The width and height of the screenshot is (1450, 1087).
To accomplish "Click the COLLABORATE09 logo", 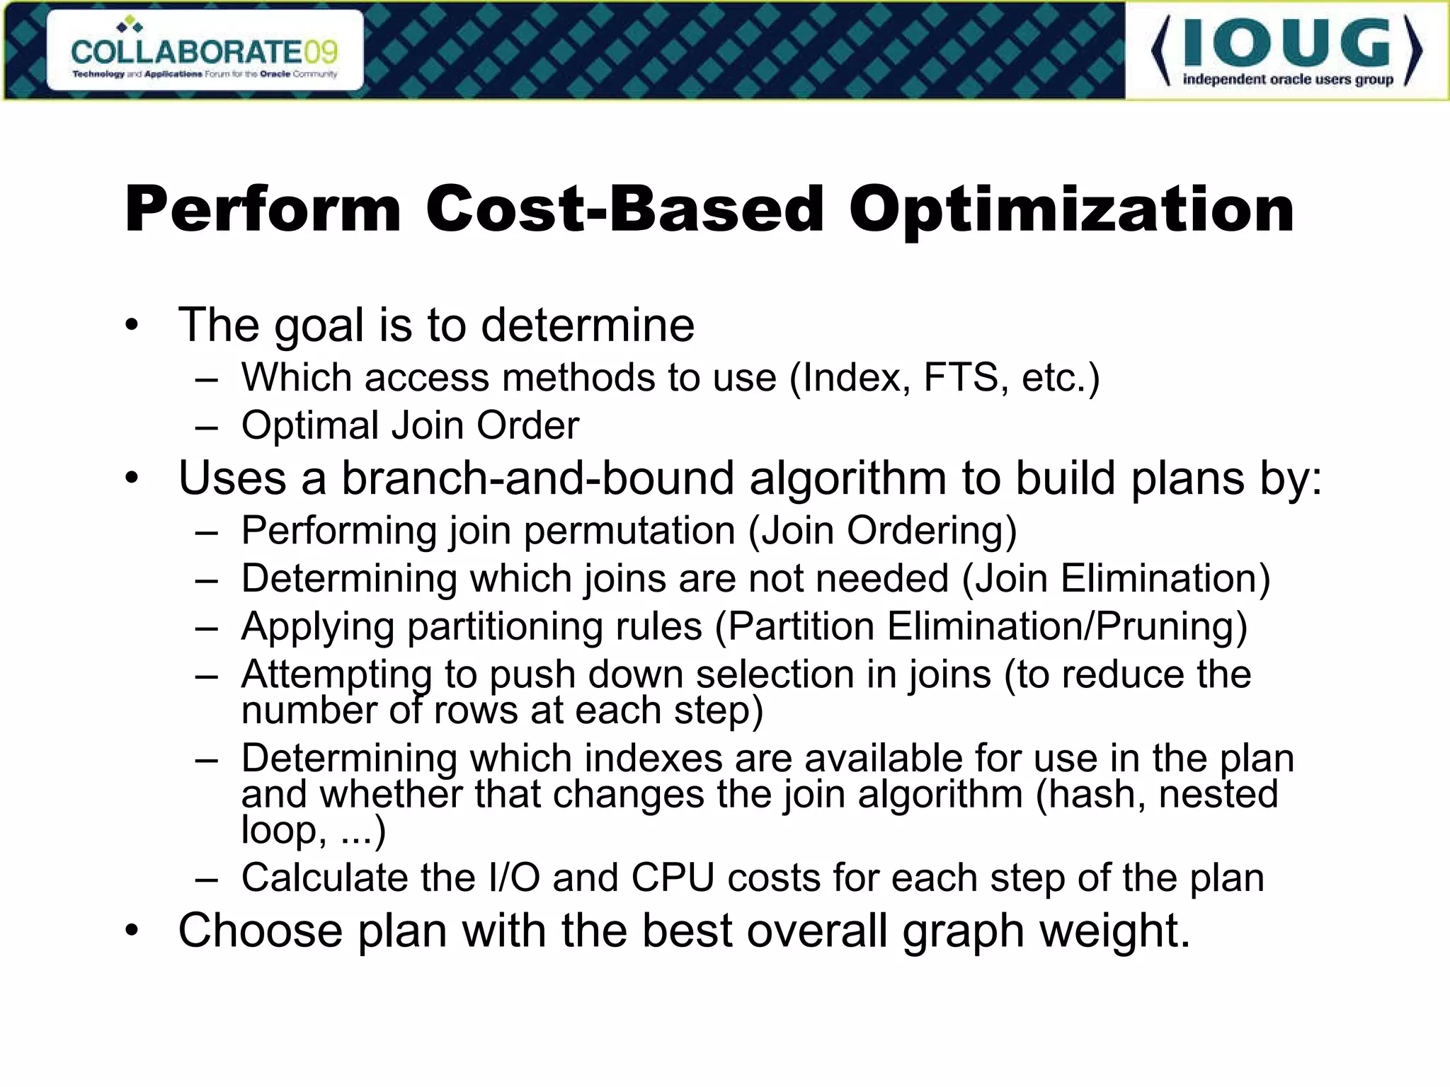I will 205,51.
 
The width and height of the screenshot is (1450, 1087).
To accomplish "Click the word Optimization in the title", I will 1072,209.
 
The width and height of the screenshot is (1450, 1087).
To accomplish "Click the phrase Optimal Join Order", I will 410,425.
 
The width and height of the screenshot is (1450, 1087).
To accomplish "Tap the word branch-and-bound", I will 538,478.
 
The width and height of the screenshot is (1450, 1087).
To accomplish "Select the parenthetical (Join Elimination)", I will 1116,579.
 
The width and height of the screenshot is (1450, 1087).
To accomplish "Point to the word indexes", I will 652,759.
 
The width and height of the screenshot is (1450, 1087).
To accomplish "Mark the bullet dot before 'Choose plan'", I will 132,931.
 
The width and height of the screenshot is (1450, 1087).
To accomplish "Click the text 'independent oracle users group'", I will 1288,79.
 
